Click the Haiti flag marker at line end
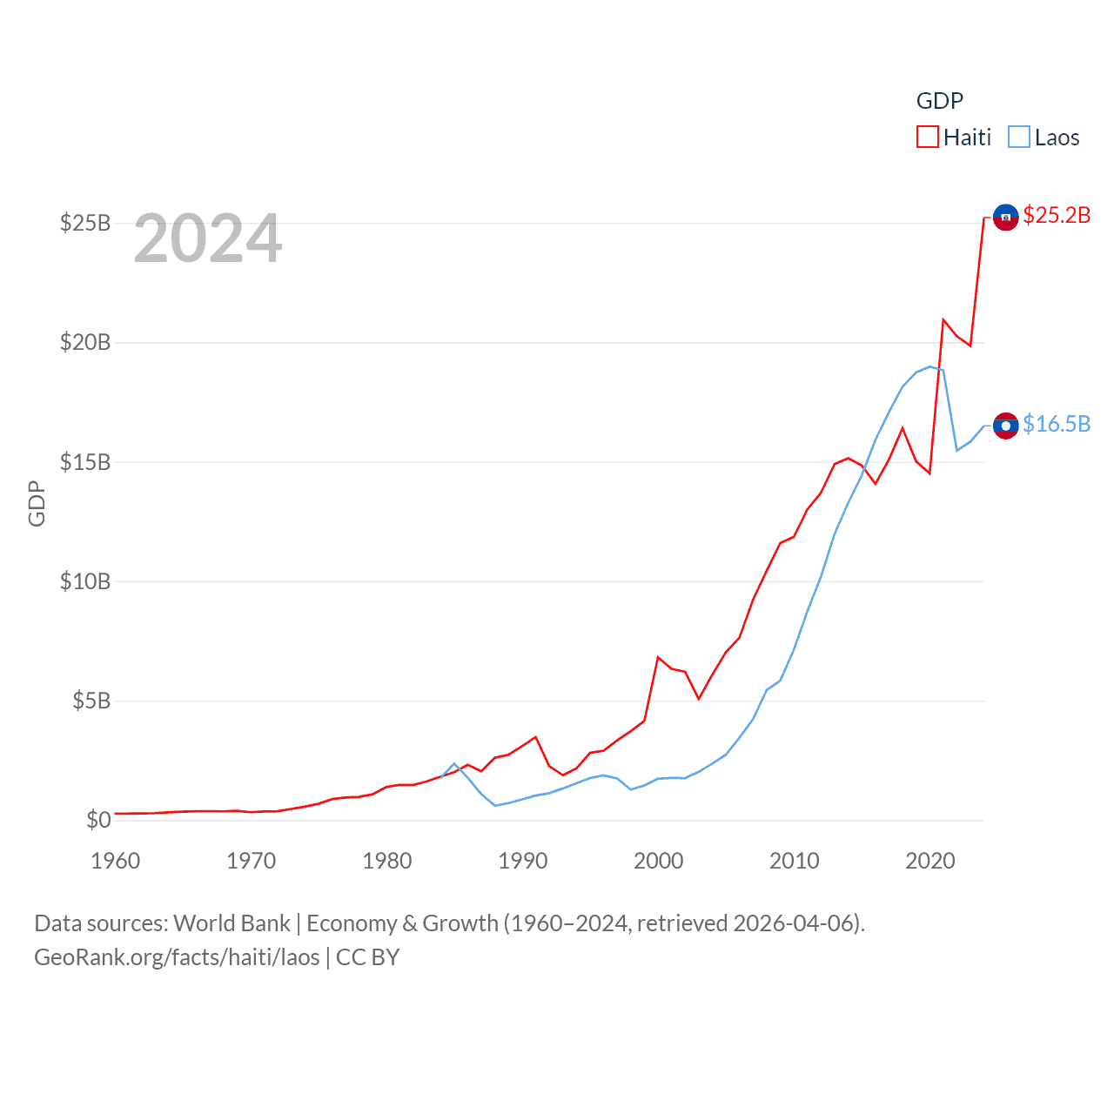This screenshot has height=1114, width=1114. (1005, 217)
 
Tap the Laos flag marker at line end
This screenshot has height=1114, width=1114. (1005, 426)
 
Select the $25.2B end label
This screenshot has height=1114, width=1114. (1057, 215)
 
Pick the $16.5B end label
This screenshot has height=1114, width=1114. (1057, 424)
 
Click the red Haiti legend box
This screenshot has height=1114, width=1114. (928, 138)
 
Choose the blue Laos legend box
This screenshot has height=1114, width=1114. (1019, 138)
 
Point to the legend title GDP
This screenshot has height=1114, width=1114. (940, 101)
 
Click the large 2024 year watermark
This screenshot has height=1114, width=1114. (208, 238)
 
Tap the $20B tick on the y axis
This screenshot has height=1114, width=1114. (85, 342)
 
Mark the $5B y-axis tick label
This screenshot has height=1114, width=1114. (91, 701)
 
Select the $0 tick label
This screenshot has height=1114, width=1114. (98, 820)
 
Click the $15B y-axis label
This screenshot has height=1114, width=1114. (85, 462)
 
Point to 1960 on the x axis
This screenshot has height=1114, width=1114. (116, 861)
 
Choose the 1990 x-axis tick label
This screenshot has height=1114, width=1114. (523, 861)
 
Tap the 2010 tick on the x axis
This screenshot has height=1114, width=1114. (795, 861)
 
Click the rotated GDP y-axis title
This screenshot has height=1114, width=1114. (37, 503)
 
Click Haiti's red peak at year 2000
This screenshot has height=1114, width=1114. (658, 658)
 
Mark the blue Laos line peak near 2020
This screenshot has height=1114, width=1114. (930, 366)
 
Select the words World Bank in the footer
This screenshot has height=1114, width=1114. (232, 923)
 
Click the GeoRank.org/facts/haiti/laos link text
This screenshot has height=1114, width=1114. (177, 957)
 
